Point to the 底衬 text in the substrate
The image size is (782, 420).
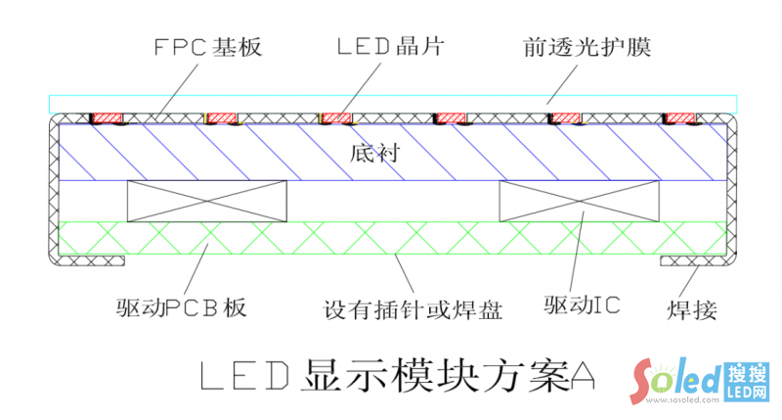(x=371, y=153)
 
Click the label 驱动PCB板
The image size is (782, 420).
(x=180, y=309)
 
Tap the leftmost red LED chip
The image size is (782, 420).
(x=108, y=117)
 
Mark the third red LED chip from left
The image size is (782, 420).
(x=336, y=117)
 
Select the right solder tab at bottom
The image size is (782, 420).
(x=689, y=259)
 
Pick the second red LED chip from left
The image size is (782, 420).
(x=222, y=117)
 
